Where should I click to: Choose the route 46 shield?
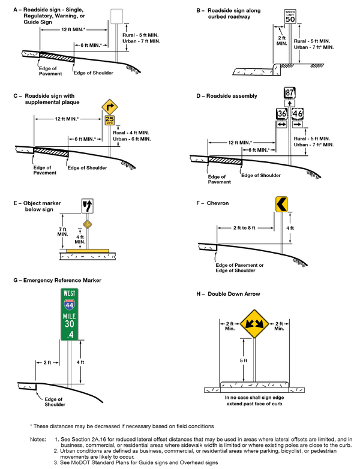(298, 113)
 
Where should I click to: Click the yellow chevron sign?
(282, 204)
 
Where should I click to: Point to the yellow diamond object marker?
(87, 224)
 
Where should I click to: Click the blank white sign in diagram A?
(116, 15)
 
